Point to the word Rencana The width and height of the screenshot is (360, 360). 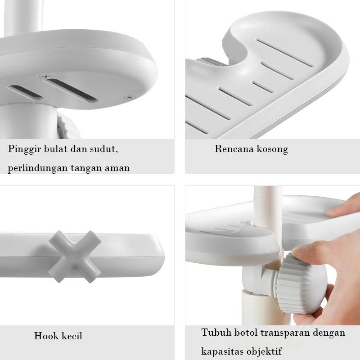234,149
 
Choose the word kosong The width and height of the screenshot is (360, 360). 272,149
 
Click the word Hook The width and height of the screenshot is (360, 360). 46,336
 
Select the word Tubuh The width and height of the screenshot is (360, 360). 216,333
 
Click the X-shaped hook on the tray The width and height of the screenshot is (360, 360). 75,256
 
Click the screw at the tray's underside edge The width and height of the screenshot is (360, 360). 130,97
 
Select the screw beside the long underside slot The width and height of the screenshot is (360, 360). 46,76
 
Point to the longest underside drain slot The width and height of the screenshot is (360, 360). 72,89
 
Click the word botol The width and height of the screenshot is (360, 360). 246,333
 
